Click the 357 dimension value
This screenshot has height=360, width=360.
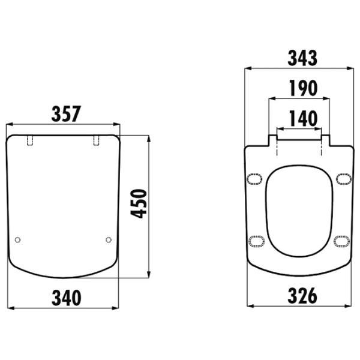click(66, 114)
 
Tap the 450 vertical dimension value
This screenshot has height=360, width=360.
click(139, 203)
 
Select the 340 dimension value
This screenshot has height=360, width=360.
click(67, 298)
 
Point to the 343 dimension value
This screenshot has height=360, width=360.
click(302, 58)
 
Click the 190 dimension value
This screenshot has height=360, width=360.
click(303, 88)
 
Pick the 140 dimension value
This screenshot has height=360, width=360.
click(303, 118)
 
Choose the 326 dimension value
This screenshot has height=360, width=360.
click(302, 296)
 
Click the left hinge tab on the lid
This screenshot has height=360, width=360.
click(30, 140)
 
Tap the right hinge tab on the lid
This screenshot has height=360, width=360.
click(97, 140)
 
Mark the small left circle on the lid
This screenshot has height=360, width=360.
click(17, 240)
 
